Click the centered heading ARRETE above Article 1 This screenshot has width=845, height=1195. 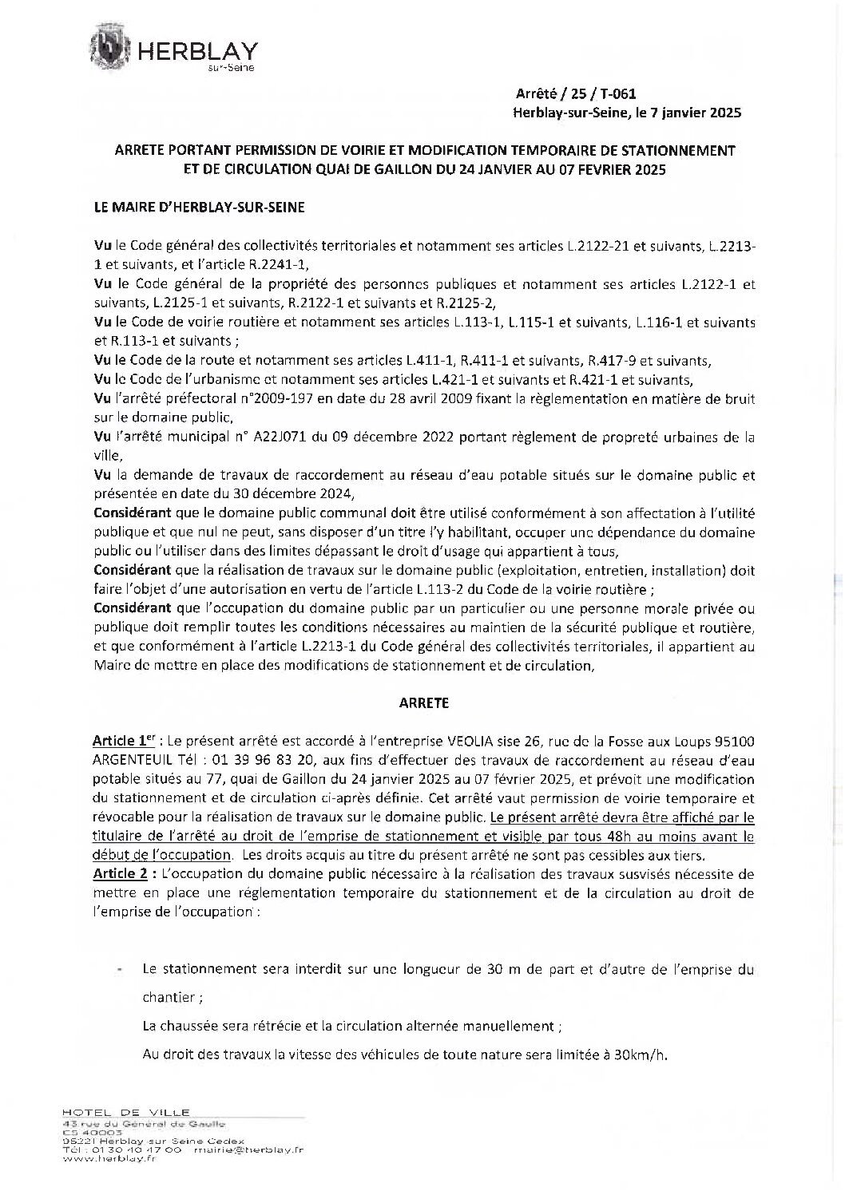coord(423,703)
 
